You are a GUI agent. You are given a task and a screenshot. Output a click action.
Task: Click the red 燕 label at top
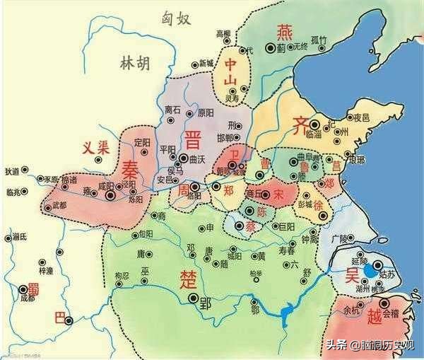283,30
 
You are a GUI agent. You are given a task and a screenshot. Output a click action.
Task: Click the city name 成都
27,298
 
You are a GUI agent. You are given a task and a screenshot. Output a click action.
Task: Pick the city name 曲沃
196,158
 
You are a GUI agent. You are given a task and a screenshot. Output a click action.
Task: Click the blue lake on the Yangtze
288,312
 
